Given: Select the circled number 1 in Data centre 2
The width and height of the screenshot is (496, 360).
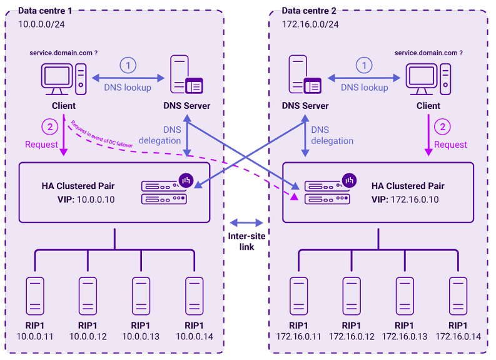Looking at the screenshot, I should tap(363, 65).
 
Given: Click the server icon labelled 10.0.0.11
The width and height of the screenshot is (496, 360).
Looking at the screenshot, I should tap(34, 296).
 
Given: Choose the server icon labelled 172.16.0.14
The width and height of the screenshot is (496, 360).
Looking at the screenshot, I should tap(458, 296).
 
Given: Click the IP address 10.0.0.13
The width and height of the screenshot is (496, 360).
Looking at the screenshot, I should tap(141, 337).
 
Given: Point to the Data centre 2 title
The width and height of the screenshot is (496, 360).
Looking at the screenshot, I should tap(309, 11).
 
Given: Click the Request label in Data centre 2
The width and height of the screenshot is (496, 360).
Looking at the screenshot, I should tap(450, 145).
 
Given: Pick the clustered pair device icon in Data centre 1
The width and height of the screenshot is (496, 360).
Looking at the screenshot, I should tap(164, 192).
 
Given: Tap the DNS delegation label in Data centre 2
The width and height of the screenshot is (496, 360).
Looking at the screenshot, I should tap(332, 135).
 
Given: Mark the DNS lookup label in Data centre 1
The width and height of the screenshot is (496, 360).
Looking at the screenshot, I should tap(128, 88).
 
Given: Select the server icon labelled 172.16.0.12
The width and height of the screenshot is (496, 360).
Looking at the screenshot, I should tap(352, 296).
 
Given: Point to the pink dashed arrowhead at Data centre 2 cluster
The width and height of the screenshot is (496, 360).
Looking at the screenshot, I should tap(293, 196).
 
